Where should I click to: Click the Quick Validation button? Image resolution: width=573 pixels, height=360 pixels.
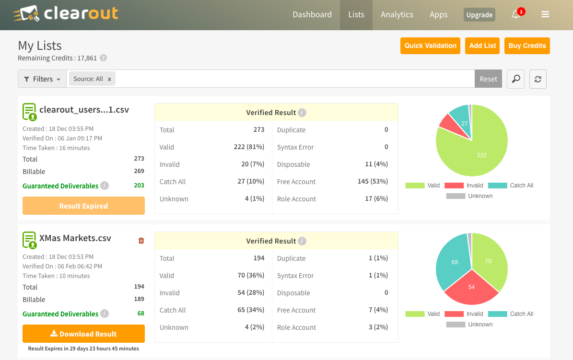tap(430, 46)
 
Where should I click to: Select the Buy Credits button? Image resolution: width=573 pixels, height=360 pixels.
tap(527, 46)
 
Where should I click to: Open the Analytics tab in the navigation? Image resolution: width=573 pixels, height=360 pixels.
tap(397, 14)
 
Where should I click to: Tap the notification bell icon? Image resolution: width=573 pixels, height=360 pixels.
tap(516, 14)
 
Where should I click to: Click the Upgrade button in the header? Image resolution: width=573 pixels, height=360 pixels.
tap(479, 15)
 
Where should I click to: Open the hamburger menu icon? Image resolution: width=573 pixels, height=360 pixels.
tap(545, 14)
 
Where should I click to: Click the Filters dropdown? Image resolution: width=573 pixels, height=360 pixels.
tap(42, 79)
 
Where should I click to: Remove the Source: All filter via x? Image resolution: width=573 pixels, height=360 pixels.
tap(109, 79)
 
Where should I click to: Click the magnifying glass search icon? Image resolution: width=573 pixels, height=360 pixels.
tap(515, 79)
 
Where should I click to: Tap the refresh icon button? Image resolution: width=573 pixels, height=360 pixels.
tap(538, 79)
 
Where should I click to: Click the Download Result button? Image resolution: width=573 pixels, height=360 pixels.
tap(83, 334)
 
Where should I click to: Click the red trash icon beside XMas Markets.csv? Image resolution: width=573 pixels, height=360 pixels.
tap(141, 241)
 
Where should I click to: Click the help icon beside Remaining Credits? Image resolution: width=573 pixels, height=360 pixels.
tap(103, 58)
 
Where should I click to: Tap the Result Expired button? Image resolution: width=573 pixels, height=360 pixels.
tap(83, 206)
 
